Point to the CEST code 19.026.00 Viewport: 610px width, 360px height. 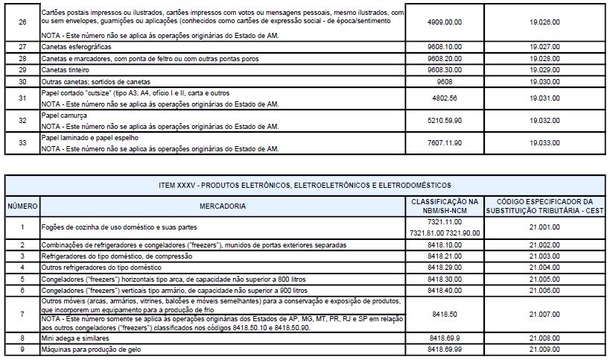(x=545, y=23)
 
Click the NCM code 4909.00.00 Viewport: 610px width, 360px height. (x=445, y=23)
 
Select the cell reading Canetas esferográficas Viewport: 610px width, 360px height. (x=73, y=46)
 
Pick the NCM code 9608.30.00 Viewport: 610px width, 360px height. (x=445, y=69)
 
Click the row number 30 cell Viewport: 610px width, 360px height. (x=22, y=81)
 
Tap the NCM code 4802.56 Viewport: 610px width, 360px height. (x=445, y=98)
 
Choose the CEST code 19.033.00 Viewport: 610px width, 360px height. (x=545, y=142)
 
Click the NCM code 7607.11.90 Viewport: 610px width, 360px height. (x=445, y=142)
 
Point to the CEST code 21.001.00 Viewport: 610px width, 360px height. (x=545, y=227)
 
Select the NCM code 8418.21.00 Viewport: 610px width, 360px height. (x=445, y=256)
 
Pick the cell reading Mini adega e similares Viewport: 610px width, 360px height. (x=72, y=338)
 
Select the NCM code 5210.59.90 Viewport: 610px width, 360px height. (x=445, y=120)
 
